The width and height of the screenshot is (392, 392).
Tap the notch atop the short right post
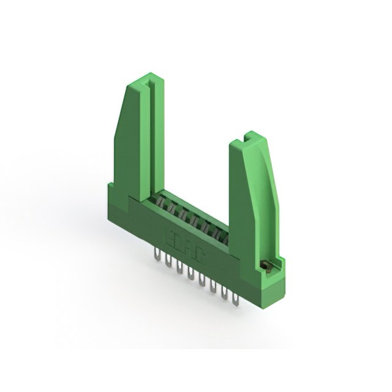click(x=249, y=135)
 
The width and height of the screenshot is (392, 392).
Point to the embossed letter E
click(x=170, y=233)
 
